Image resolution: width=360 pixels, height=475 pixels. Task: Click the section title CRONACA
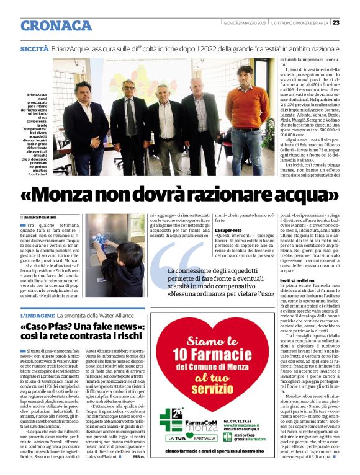click(56, 25)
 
